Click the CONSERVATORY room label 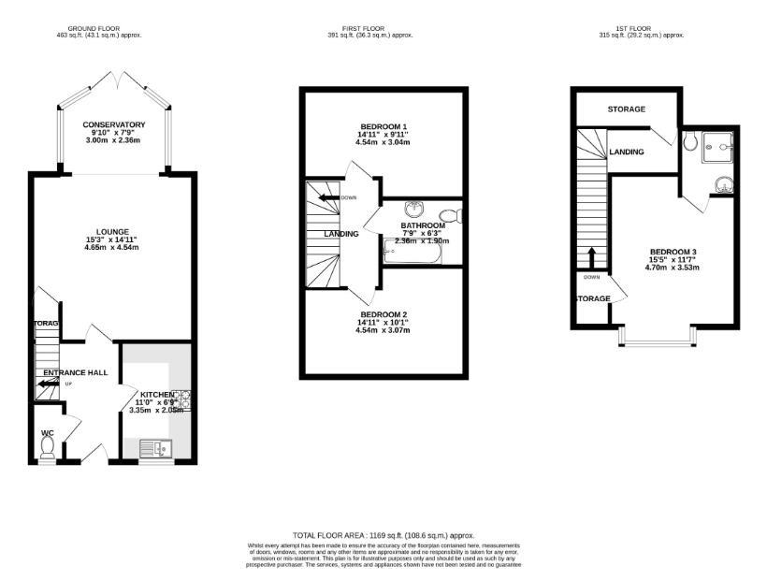113,124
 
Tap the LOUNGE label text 111,231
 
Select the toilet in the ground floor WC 48,449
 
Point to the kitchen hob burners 181,400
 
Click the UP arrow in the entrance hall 50,383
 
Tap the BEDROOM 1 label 383,126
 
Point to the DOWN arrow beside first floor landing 326,197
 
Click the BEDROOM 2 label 383,314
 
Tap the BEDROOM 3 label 673,252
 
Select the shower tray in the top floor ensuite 722,143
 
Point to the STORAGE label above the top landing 626,109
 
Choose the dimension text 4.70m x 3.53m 673,268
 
